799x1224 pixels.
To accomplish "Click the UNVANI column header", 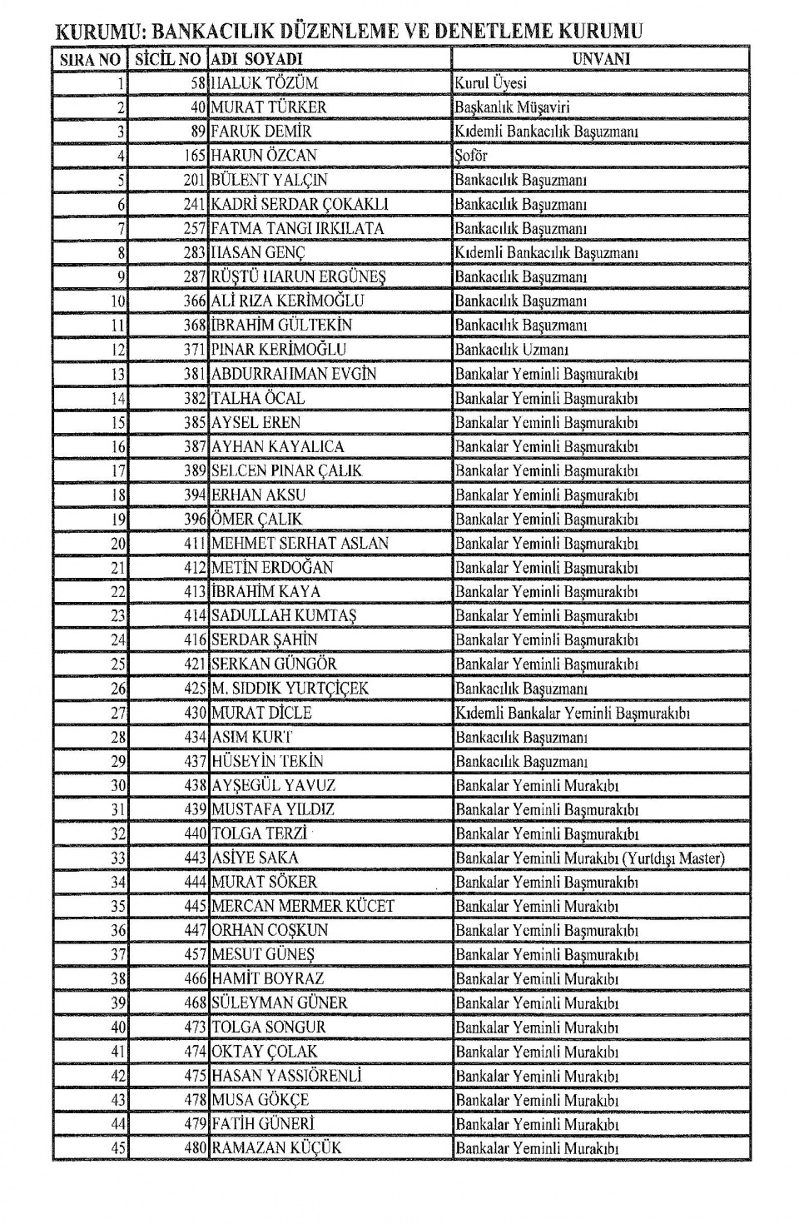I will pos(601,58).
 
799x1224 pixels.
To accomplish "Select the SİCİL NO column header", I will pos(169,59).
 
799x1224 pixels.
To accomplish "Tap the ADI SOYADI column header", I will pos(256,59).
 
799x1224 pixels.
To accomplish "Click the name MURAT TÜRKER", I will pos(269,107).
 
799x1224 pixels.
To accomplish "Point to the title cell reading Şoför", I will pos(471,156).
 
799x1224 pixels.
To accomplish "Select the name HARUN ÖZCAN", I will pos(264,156).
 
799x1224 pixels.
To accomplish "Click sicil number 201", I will pos(194,180).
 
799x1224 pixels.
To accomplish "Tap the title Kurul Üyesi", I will pos(490,83).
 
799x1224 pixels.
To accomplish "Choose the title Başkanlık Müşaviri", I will pos(512,107).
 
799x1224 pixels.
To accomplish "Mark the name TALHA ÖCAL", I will pos(258,398).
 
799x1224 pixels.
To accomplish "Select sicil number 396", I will pos(194,519).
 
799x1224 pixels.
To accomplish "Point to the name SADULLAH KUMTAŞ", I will pos(284,615).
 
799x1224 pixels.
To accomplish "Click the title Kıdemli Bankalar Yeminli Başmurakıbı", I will pos(573,713).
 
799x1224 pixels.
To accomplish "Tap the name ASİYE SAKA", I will pos(255,858).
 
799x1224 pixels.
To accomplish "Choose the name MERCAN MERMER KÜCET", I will pos(303,906).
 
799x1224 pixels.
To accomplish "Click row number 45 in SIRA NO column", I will pos(118,1148).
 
